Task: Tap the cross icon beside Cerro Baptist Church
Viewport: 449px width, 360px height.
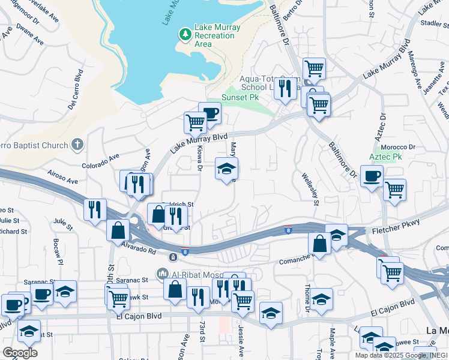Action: coord(76,144)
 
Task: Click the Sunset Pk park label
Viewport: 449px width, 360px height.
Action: coord(240,97)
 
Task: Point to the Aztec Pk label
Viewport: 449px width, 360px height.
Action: coord(385,157)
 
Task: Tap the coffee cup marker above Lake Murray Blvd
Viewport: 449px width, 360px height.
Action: coord(209,113)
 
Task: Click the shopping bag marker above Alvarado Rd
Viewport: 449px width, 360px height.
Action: coord(118,230)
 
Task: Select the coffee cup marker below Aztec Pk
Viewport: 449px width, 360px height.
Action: coord(372,176)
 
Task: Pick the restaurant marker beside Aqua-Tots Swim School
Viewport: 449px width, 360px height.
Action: coord(285,88)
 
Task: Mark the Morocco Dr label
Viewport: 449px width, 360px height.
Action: coord(399,147)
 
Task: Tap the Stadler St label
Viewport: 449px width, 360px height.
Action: coord(435,23)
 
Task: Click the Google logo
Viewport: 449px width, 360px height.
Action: coord(20,352)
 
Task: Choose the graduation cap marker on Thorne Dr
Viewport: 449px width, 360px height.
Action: coord(321,301)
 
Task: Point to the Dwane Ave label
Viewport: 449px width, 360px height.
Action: coord(30,35)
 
